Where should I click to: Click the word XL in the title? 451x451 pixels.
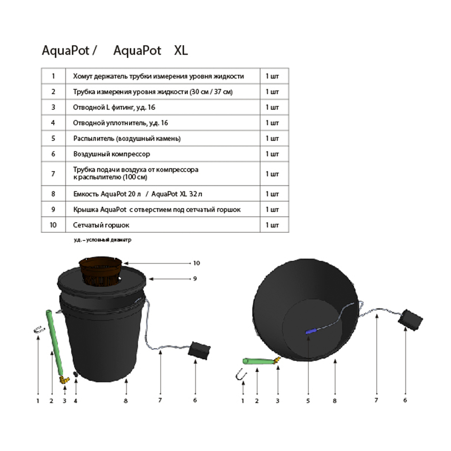(181, 51)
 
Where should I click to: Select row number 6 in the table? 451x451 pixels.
(53, 154)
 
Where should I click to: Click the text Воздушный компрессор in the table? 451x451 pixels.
(111, 154)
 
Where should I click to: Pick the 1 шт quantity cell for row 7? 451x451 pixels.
(272, 174)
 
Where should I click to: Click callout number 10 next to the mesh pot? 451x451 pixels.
(196, 263)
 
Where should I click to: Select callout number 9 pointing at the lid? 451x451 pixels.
(195, 279)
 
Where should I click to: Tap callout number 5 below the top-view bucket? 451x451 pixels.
(308, 400)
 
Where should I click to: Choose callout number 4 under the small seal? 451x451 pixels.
(76, 400)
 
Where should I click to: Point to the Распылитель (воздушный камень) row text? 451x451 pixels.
(127, 138)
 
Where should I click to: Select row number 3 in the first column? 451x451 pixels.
(53, 107)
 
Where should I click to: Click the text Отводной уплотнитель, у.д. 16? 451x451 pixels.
(120, 123)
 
